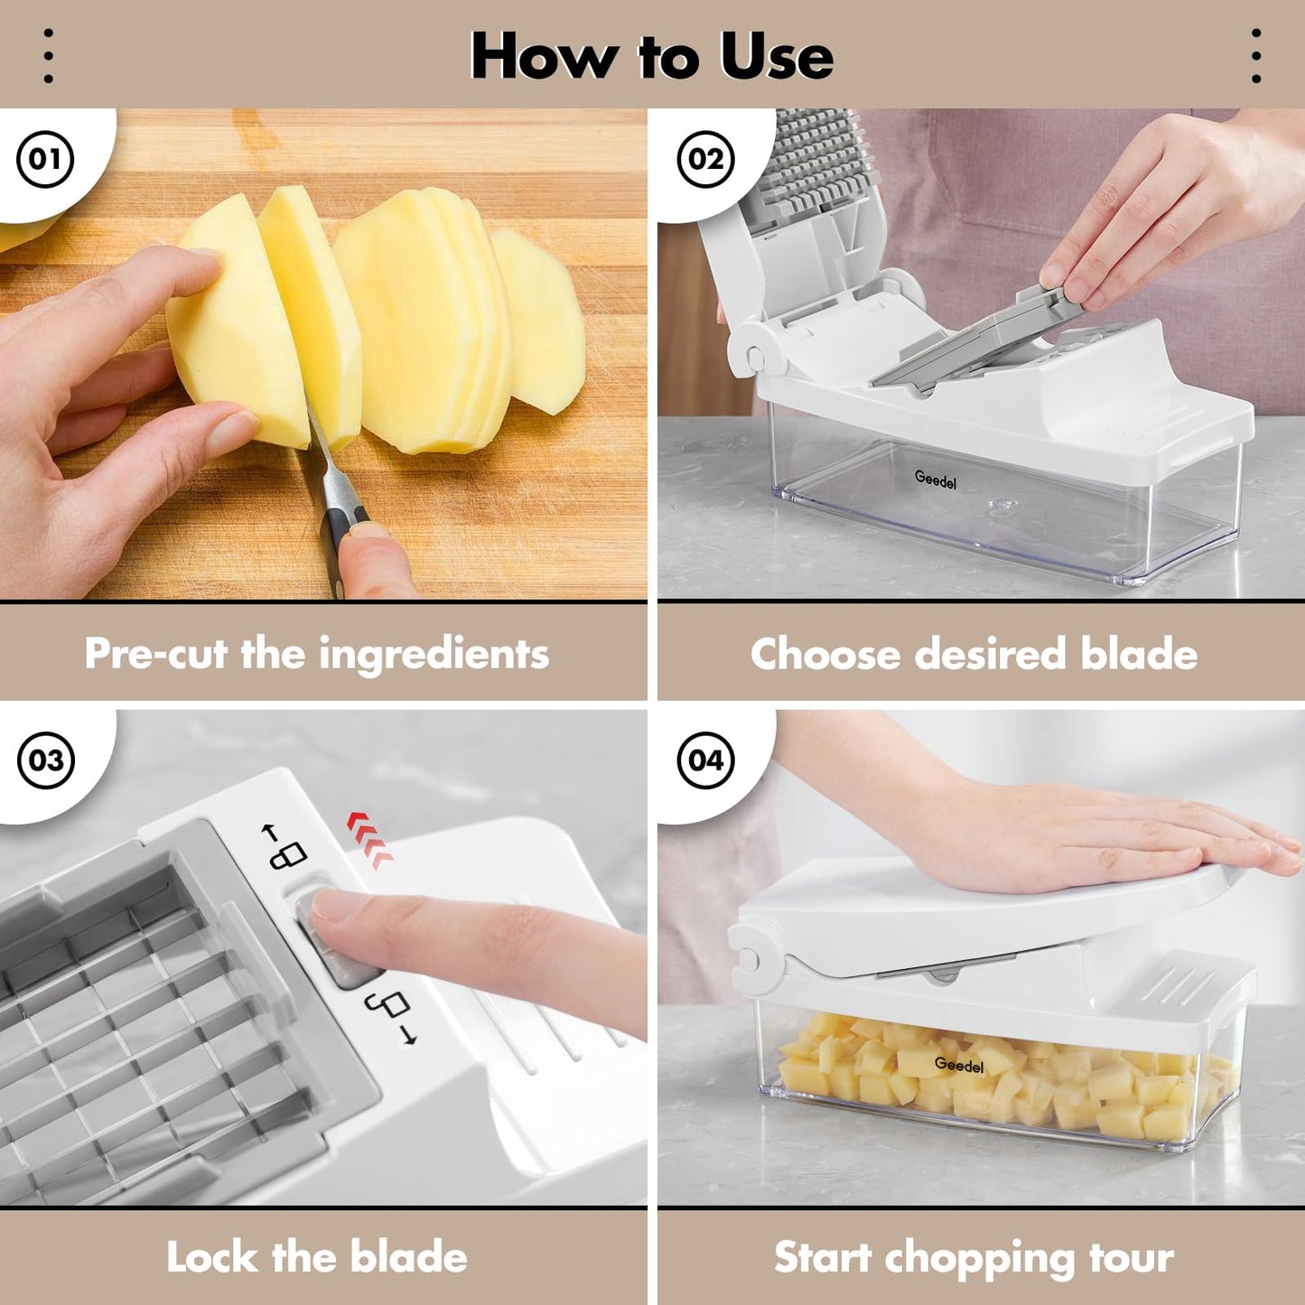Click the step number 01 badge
pyautogui.click(x=45, y=159)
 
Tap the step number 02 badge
pyautogui.click(x=705, y=159)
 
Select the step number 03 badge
pyautogui.click(x=45, y=760)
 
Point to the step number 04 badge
pyautogui.click(x=705, y=760)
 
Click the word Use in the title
pyautogui.click(x=776, y=57)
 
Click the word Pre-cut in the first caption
pyautogui.click(x=154, y=654)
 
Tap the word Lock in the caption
pyautogui.click(x=210, y=1257)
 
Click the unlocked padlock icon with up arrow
pyautogui.click(x=285, y=846)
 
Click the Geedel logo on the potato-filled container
pyautogui.click(x=958, y=1066)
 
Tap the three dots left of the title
pyautogui.click(x=49, y=56)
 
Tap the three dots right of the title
pyautogui.click(x=1255, y=56)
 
